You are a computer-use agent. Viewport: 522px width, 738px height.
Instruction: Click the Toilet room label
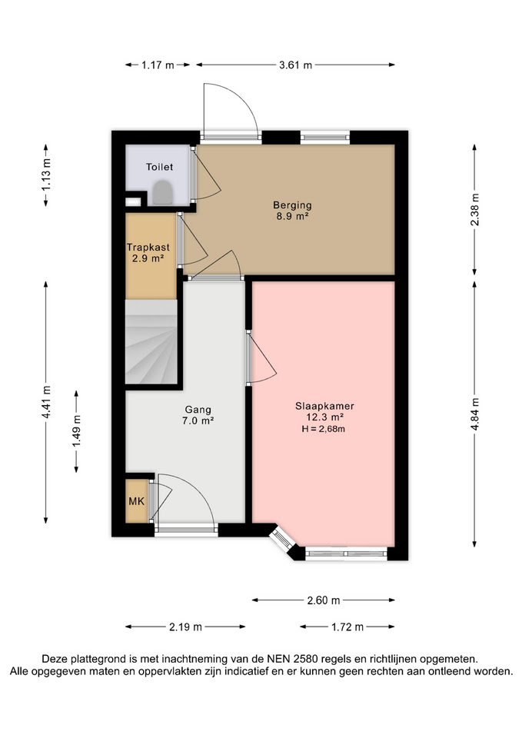[160, 167]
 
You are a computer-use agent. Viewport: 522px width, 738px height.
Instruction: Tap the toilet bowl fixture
[163, 192]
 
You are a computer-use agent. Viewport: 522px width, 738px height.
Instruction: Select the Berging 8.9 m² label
[292, 211]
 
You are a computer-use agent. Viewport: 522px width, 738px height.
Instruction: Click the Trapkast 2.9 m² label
[148, 252]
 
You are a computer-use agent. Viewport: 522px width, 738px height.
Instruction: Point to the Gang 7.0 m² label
[198, 415]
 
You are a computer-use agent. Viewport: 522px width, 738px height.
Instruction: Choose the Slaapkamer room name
[324, 406]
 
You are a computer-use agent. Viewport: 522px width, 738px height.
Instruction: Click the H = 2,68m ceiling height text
[324, 429]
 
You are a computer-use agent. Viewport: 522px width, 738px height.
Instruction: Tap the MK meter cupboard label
[137, 501]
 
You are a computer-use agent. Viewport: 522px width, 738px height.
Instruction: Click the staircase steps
[151, 341]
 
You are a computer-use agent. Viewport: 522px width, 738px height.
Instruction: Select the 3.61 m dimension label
[296, 65]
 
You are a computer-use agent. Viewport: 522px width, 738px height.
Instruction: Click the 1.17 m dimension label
[158, 65]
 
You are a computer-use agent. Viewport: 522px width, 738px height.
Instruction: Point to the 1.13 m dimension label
[46, 175]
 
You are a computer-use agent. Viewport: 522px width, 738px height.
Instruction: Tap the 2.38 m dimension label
[474, 210]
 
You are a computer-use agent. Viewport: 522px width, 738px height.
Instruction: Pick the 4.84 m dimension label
[474, 414]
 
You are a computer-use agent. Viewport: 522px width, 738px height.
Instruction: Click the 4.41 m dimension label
[46, 402]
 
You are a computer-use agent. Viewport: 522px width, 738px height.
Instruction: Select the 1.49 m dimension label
[77, 431]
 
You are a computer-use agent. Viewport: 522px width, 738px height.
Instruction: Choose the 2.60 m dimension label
[324, 600]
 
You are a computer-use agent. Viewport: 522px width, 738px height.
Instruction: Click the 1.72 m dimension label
[347, 627]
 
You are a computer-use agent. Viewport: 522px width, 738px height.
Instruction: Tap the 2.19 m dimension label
[185, 627]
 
